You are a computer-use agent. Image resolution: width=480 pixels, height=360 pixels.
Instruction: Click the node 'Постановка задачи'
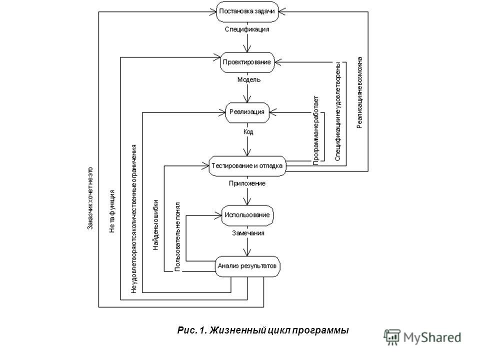tap(247, 11)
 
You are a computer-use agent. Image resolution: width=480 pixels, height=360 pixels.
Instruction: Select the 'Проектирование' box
tap(247, 62)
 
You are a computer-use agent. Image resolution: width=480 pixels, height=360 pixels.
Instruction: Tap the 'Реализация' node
tap(247, 112)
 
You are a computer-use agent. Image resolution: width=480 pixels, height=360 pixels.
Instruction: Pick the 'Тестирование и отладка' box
tap(247, 166)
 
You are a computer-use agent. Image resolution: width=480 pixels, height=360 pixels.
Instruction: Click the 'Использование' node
tap(247, 215)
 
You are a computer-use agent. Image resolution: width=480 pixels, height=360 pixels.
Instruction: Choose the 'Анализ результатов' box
tap(247, 266)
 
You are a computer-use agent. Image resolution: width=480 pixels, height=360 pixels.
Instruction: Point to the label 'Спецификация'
tap(247, 29)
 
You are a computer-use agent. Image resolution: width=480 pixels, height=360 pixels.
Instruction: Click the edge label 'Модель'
tap(249, 80)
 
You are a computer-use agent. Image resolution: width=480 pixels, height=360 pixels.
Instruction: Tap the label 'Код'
tap(248, 132)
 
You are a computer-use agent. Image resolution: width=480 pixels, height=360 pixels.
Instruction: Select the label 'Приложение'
tap(247, 183)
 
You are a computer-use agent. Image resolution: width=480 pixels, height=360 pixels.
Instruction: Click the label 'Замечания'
tap(248, 233)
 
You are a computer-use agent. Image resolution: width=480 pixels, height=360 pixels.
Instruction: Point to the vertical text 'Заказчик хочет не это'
tap(90, 198)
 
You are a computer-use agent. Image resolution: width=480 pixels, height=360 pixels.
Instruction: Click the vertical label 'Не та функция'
tap(112, 211)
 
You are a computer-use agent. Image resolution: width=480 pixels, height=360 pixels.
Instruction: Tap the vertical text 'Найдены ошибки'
tap(156, 225)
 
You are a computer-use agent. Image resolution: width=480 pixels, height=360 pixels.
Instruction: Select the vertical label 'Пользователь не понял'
tap(177, 236)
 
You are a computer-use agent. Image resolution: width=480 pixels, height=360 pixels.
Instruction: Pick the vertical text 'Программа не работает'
tap(316, 130)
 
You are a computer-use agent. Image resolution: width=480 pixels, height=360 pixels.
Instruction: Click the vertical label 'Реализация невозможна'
tap(359, 92)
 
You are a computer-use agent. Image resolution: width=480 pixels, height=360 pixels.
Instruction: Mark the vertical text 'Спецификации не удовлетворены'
tap(337, 111)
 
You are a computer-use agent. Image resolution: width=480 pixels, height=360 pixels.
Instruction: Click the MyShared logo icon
tap(392, 337)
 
